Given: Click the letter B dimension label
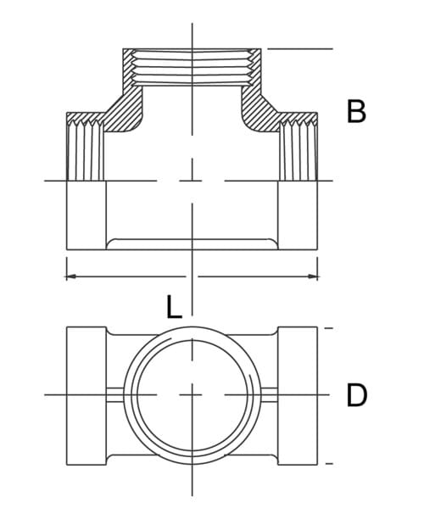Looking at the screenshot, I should point(357,112).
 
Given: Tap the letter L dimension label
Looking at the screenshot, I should point(174,306).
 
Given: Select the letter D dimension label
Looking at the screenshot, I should point(357,395).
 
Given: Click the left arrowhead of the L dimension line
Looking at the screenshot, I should point(71,276).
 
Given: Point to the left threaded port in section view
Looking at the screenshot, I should point(86,150).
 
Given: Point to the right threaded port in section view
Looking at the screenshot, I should point(298,150).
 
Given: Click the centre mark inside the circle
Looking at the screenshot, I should point(192,395).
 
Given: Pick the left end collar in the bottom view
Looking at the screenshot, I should point(86,395).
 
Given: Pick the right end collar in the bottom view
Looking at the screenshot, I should point(298,395).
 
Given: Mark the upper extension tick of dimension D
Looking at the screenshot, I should point(329,327).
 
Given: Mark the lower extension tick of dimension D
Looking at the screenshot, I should point(329,463).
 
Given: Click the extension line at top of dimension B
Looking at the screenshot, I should point(297,49).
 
